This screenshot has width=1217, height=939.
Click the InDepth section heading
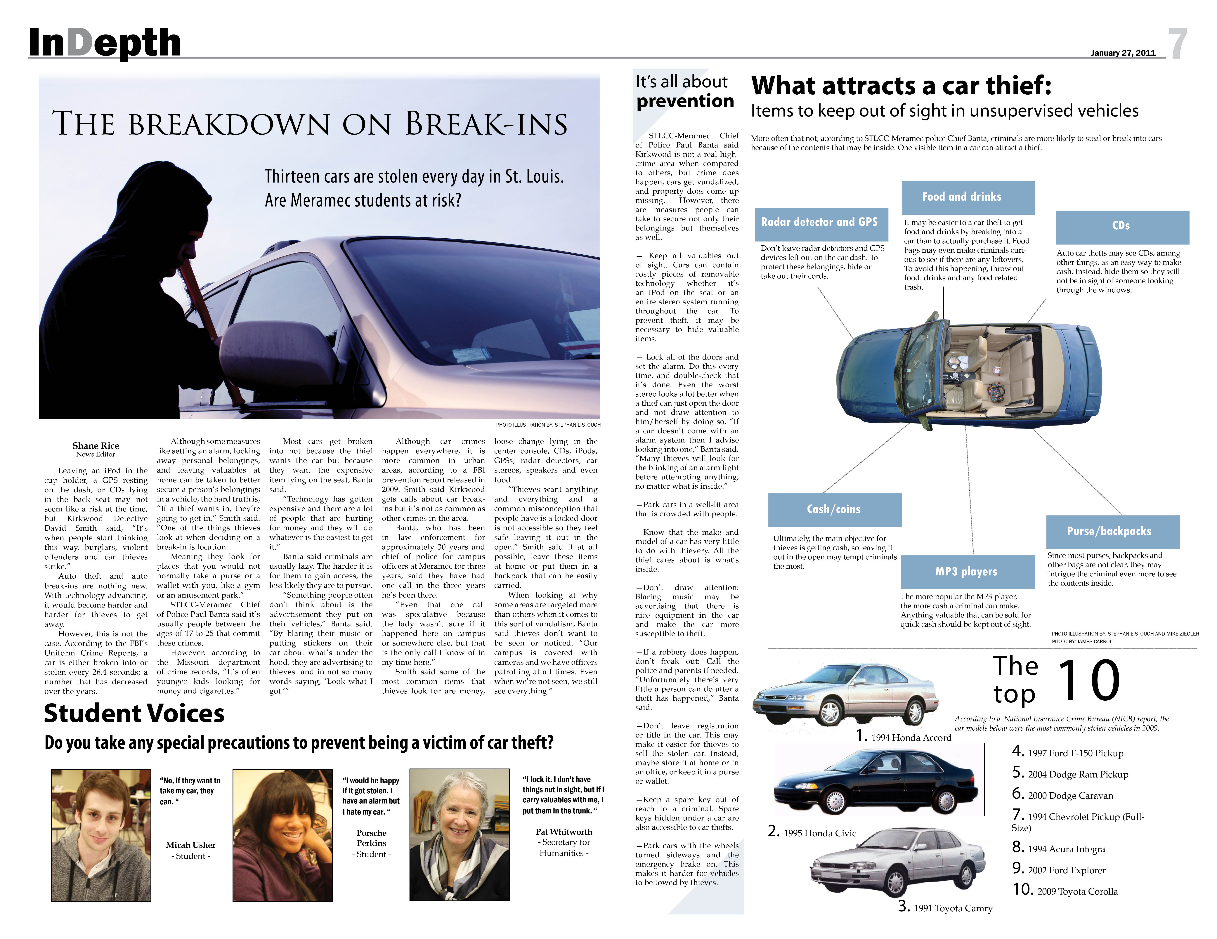point(105,44)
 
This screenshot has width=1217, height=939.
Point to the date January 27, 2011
point(1123,53)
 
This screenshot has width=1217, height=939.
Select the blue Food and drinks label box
point(968,197)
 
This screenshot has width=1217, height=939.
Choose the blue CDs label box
point(1122,226)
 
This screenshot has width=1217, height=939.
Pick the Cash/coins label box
point(834,509)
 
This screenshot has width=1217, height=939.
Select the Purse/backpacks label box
point(1112,532)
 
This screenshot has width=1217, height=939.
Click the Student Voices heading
point(134,714)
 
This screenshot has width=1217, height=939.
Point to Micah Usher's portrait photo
point(101,835)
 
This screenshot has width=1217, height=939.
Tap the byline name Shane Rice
point(96,445)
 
